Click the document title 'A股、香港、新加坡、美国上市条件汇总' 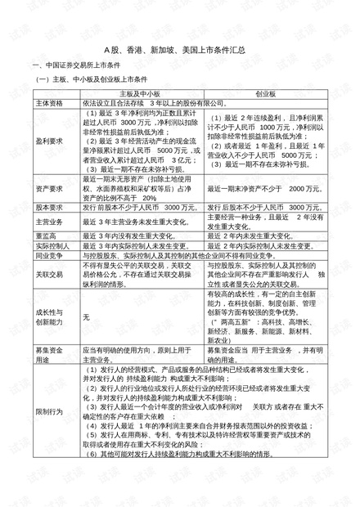pyautogui.click(x=180, y=50)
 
